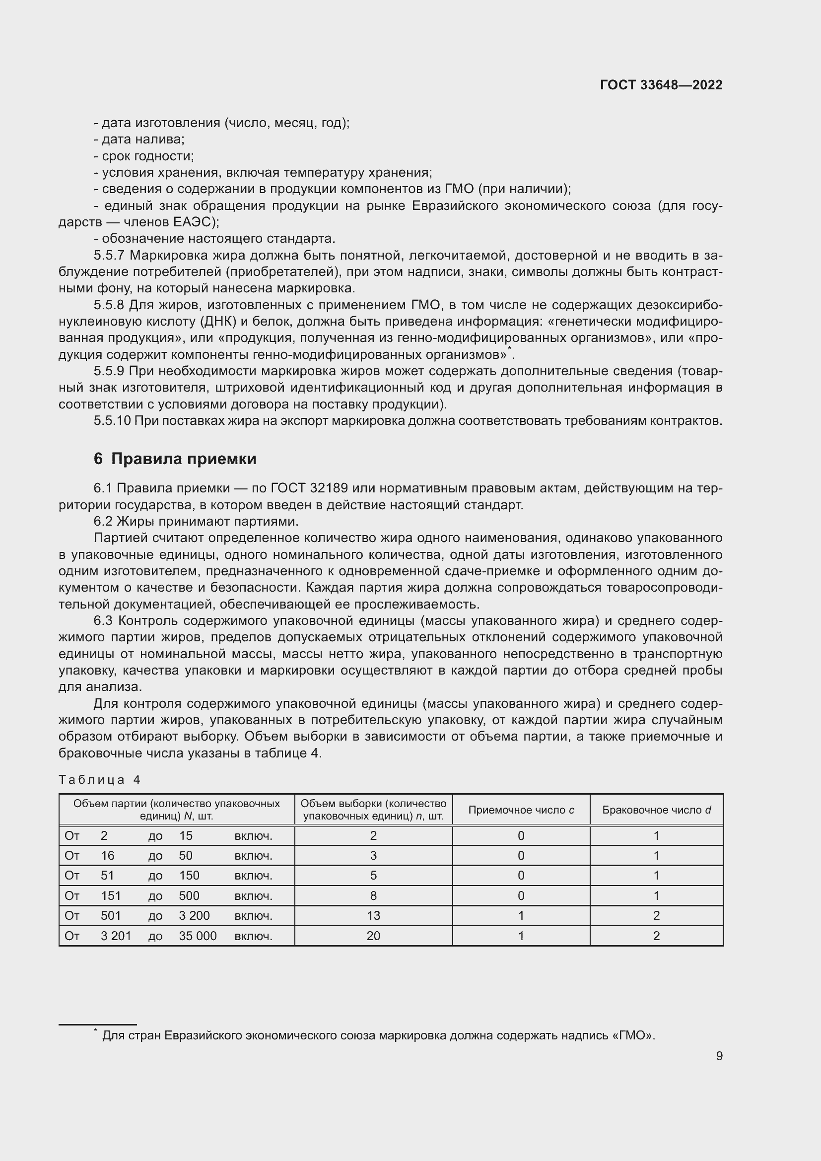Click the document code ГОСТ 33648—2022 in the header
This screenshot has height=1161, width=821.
[661, 85]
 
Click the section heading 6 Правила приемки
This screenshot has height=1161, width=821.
[175, 459]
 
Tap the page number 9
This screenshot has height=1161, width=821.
[719, 1056]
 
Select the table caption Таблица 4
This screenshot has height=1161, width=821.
[100, 779]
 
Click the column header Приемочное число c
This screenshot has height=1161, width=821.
[521, 810]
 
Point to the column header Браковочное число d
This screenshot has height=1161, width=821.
[656, 810]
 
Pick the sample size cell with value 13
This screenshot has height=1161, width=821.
[373, 915]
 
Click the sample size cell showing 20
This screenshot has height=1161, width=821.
[373, 936]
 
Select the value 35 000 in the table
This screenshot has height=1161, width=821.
[198, 936]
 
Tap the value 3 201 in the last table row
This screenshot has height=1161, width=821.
[116, 936]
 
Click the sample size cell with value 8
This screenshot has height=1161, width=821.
[373, 895]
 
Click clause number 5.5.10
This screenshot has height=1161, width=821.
[112, 421]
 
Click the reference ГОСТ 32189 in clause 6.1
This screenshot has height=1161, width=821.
[309, 488]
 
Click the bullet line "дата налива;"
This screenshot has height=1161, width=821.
[139, 139]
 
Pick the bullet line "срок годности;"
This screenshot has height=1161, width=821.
[144, 156]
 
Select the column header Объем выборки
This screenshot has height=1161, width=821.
[373, 810]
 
